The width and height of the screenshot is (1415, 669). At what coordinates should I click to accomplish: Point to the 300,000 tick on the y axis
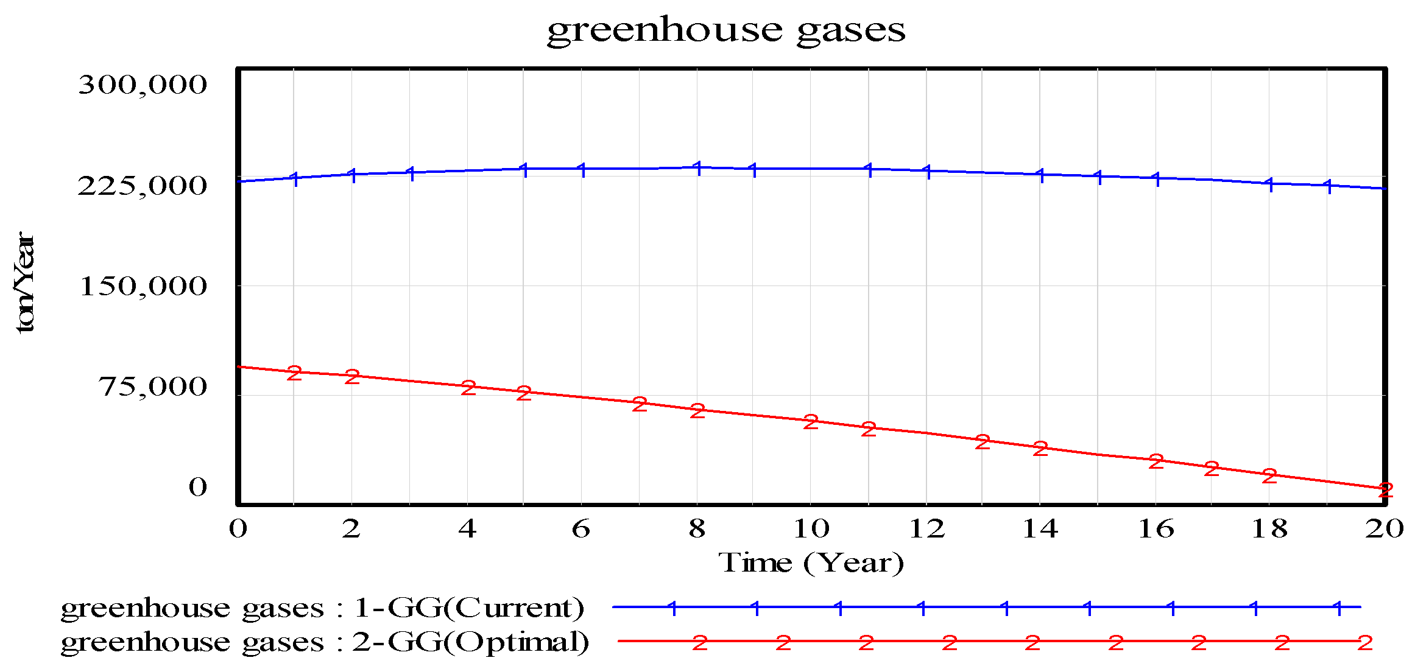click(x=143, y=84)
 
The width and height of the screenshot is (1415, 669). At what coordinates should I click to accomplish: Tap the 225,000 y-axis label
click(x=143, y=185)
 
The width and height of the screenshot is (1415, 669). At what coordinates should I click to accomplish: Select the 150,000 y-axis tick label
click(x=143, y=285)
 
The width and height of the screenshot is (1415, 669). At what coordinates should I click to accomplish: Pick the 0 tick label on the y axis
click(x=197, y=486)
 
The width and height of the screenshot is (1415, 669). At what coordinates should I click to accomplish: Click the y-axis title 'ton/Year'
click(x=26, y=282)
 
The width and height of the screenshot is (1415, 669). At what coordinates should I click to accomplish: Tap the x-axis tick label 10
click(x=810, y=528)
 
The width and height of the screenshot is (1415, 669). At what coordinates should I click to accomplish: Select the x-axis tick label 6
click(x=580, y=528)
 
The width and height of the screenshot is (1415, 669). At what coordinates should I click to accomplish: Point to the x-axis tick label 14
click(x=1040, y=528)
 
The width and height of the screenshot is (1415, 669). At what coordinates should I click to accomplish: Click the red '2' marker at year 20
click(x=1386, y=490)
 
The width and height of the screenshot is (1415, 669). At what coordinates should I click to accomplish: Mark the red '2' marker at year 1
click(x=294, y=373)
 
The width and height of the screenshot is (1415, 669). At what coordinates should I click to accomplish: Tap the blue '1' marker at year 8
click(x=698, y=168)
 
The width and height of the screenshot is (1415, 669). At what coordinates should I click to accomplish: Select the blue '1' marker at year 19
click(x=1328, y=186)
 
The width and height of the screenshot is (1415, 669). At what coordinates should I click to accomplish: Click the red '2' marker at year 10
click(x=811, y=422)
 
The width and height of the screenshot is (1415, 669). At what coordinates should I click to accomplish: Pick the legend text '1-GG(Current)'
click(x=468, y=607)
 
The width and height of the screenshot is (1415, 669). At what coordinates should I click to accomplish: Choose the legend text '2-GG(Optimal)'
click(x=470, y=642)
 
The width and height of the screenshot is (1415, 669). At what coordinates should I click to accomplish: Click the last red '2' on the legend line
click(x=1365, y=643)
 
